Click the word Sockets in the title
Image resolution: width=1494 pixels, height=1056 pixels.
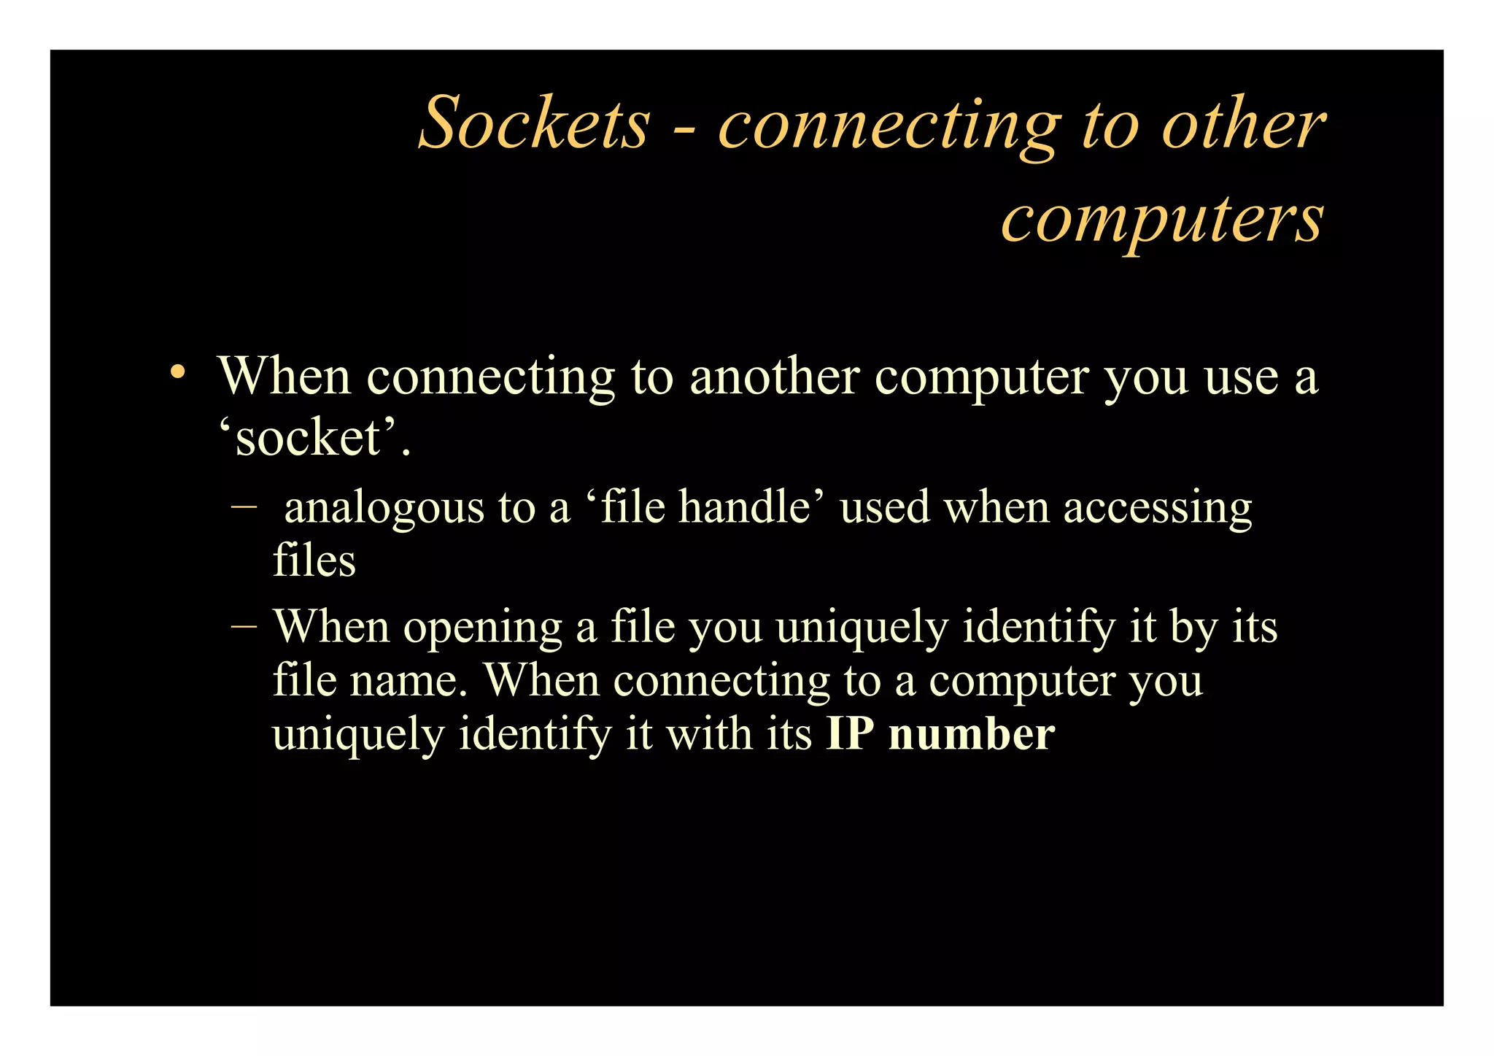click(534, 123)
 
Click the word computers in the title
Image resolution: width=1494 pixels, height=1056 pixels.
click(1161, 219)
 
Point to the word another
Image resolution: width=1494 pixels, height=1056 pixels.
click(773, 377)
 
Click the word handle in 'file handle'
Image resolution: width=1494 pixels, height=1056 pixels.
click(745, 506)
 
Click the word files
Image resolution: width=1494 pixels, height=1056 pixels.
click(314, 560)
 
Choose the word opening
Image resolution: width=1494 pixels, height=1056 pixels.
click(482, 628)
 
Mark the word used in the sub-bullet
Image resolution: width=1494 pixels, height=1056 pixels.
click(885, 506)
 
